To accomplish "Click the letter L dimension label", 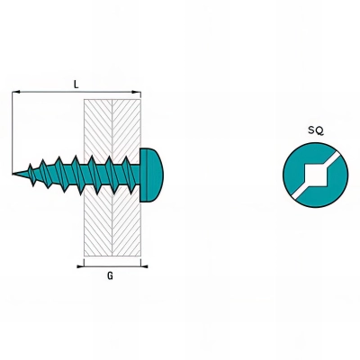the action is [x=76, y=85].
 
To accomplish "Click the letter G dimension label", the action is [x=110, y=275].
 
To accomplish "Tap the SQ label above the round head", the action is [x=316, y=130].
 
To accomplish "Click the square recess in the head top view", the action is [x=315, y=175].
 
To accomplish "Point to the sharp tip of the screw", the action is [x=13, y=174].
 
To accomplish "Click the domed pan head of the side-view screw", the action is [x=151, y=175].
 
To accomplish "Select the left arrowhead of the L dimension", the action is [x=16, y=92].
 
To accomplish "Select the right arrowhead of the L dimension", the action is [x=137, y=92].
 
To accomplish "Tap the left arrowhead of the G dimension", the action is [x=80, y=266].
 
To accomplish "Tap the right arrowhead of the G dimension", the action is [x=144, y=266].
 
